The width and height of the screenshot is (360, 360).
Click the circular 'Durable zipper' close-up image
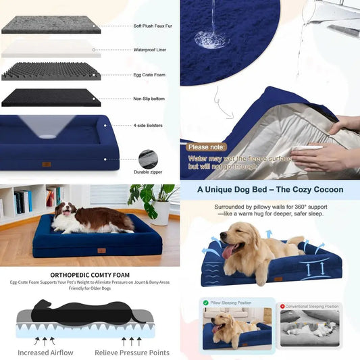tap(149, 159)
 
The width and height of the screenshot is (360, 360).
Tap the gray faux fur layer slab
tap(51, 24)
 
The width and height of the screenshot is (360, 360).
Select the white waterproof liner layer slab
tap(51, 49)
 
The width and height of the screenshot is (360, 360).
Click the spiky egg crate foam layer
tap(51, 72)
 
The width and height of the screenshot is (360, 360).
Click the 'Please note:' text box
tap(208, 147)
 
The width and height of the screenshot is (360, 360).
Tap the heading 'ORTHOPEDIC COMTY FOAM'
tap(89, 276)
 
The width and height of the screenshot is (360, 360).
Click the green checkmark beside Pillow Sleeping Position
tap(204, 305)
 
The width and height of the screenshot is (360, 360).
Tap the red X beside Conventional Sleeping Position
tap(283, 305)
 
